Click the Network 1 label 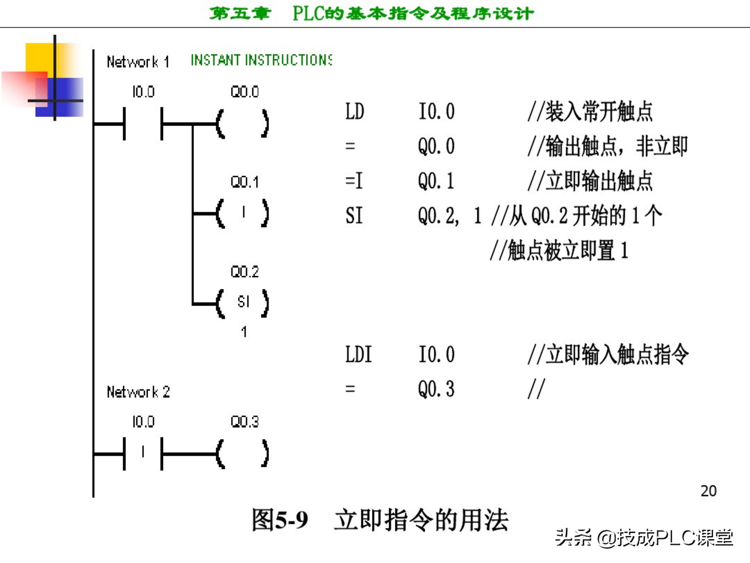(x=138, y=62)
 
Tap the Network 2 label (x=138, y=392)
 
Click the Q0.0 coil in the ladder (x=243, y=124)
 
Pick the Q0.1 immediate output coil (x=243, y=213)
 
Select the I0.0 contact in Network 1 (x=143, y=124)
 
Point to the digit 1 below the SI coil (x=244, y=332)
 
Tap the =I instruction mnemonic (x=354, y=181)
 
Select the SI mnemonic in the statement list (x=354, y=216)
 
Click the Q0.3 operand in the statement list (x=436, y=389)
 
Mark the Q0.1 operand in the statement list (x=436, y=181)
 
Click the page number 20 (x=708, y=491)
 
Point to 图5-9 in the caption (x=280, y=520)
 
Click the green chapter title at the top (x=371, y=14)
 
